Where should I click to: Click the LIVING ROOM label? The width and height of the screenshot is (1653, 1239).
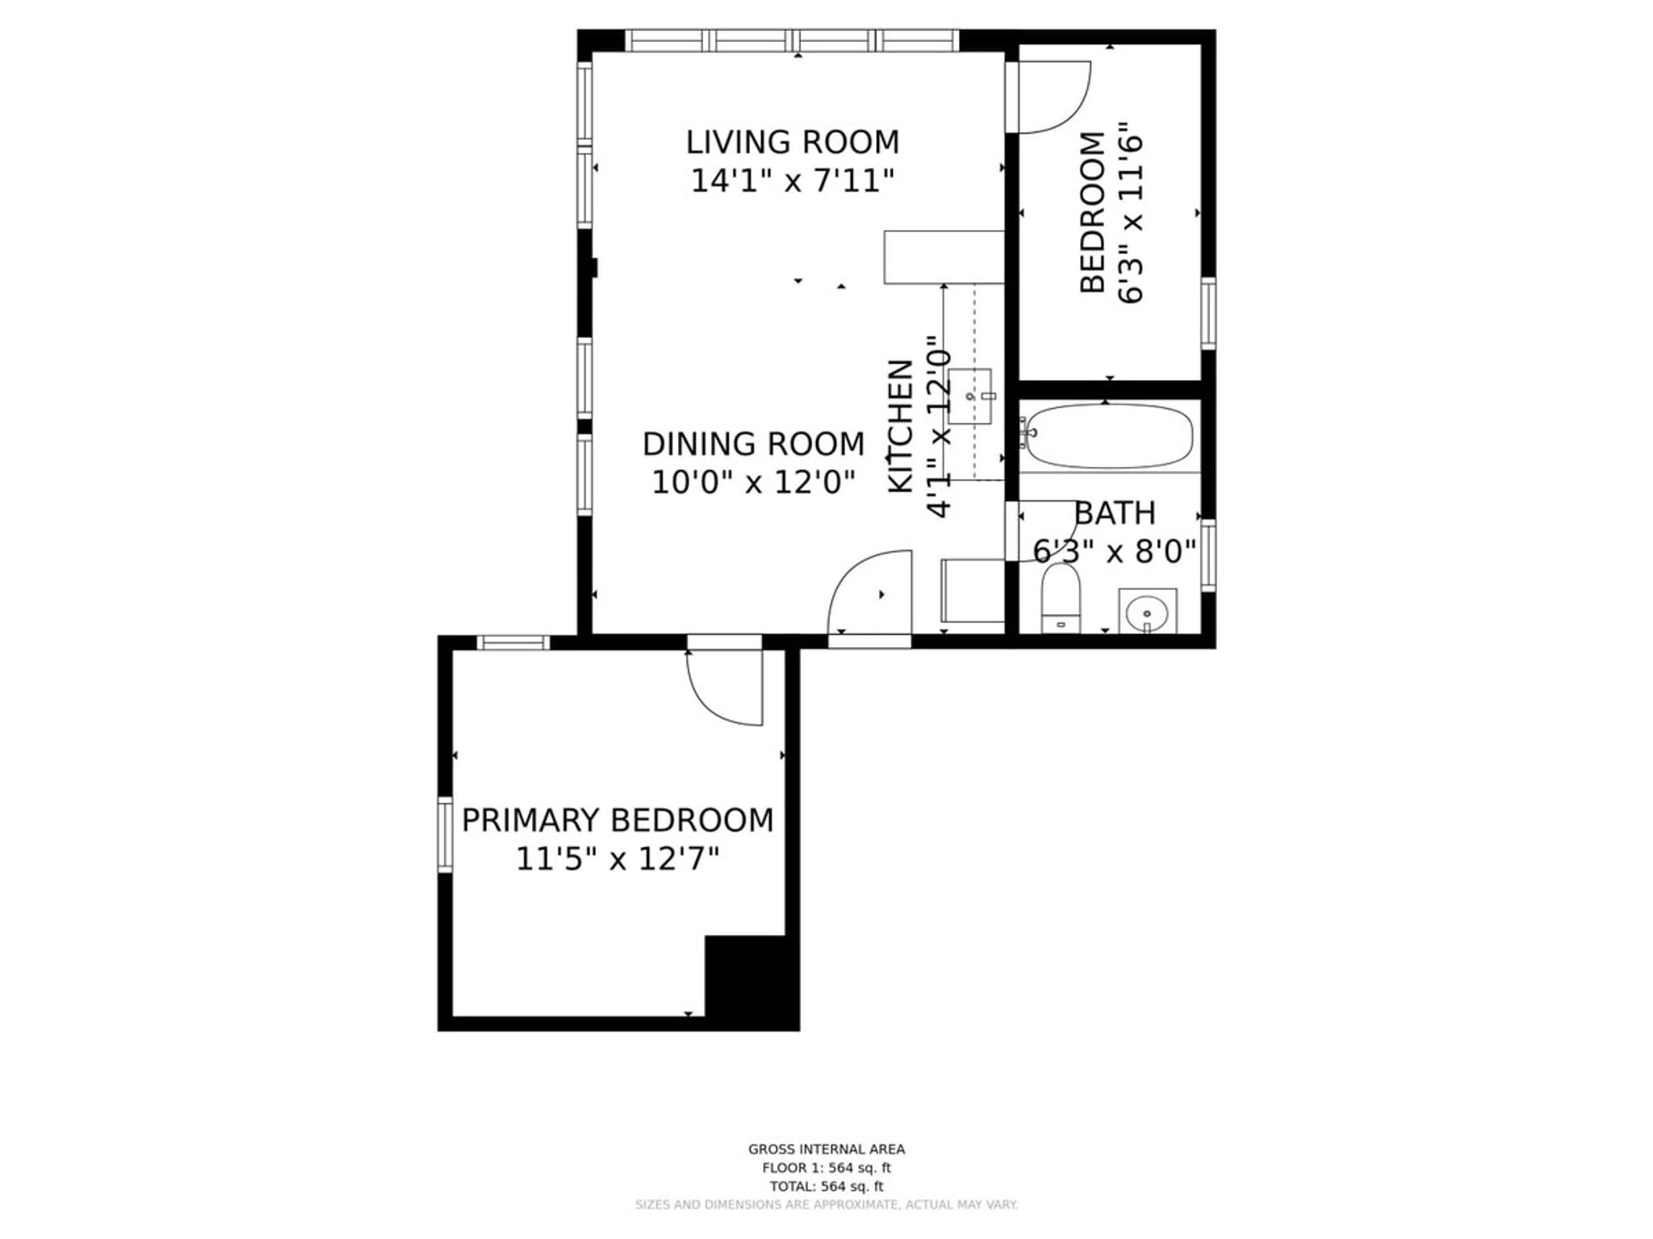coord(793,142)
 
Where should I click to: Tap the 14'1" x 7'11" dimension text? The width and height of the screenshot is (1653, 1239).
coord(793,181)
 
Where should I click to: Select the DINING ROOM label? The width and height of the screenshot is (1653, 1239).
coord(753,444)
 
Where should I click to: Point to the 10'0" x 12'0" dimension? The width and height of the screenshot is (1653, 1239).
coord(753,482)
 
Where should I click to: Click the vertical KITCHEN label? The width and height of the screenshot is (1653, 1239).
coord(901,426)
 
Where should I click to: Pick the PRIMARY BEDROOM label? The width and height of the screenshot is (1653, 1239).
coord(617,820)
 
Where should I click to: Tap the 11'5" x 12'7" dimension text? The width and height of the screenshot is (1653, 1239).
coord(617,859)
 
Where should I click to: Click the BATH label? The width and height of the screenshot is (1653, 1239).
coord(1115,513)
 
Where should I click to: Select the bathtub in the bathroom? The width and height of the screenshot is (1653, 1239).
coord(1109,436)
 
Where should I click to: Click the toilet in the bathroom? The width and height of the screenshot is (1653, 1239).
coord(1061,598)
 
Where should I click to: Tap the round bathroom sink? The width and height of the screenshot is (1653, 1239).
coord(1147,612)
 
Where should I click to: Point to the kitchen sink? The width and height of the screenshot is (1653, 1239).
coord(970,396)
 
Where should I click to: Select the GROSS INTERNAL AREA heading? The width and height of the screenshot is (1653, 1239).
coord(826,1149)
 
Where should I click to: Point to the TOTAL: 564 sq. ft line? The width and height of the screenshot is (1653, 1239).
coord(826,1187)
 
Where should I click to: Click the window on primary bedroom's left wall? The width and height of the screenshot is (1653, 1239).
coord(445,835)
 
